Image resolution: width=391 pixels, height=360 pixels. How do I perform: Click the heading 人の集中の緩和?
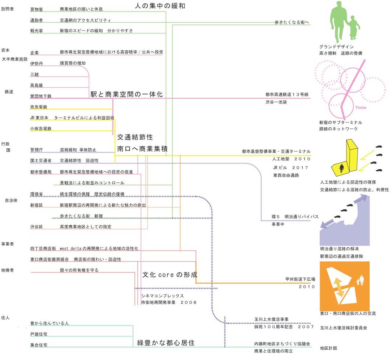[x=160, y=6]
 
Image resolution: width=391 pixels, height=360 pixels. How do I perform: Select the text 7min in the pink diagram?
[x=360, y=107]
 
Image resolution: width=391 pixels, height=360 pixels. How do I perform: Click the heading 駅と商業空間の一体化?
[x=126, y=94]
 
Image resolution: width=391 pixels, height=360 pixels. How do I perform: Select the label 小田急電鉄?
[x=41, y=129]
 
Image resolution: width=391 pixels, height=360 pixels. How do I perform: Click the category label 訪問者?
[x=7, y=9]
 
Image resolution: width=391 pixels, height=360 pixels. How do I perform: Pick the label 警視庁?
[x=37, y=150]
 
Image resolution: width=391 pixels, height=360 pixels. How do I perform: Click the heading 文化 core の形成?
[x=170, y=275]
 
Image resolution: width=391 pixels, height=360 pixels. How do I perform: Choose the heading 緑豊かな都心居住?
[x=166, y=343]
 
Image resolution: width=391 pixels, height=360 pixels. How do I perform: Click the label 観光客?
[x=37, y=31]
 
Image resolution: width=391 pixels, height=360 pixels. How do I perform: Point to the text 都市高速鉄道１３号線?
[x=287, y=95]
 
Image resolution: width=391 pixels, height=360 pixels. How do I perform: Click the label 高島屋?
[x=37, y=85]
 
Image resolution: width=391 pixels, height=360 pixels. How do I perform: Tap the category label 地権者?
[x=7, y=270]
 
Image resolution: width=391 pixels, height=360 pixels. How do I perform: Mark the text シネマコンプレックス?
[x=162, y=296]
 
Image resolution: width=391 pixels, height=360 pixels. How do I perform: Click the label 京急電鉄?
[x=39, y=107]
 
